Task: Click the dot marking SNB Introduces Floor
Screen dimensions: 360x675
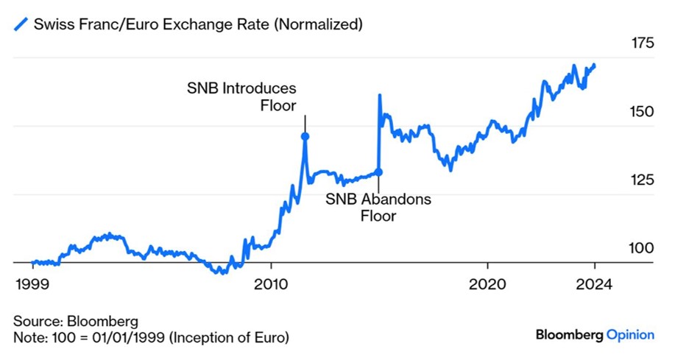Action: pyautogui.click(x=305, y=136)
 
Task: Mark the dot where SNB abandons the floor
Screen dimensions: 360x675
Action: pyautogui.click(x=379, y=172)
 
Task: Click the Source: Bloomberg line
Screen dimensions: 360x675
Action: pyautogui.click(x=76, y=321)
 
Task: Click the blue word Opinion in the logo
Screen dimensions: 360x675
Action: pyautogui.click(x=629, y=335)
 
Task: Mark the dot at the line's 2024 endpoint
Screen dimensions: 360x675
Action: pyautogui.click(x=594, y=66)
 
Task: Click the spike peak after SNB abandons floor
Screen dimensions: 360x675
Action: pyautogui.click(x=380, y=95)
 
